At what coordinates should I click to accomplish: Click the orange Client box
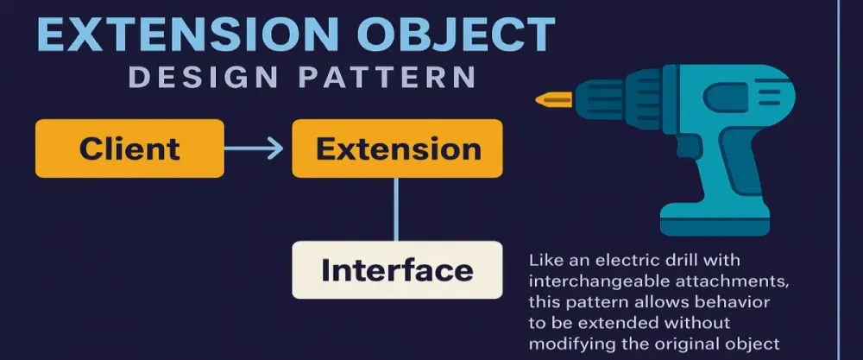(129, 148)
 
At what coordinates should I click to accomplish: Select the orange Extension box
(397, 148)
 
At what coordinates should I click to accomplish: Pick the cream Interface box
(397, 270)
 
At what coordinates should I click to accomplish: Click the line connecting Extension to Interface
(396, 209)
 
